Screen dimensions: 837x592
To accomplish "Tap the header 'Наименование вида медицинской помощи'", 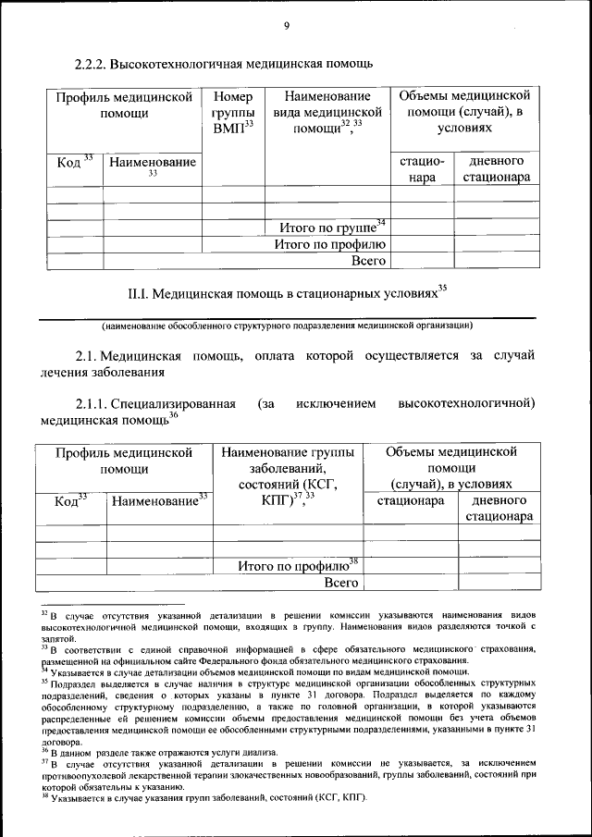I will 327,112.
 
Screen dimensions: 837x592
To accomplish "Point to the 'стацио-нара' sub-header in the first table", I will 422,168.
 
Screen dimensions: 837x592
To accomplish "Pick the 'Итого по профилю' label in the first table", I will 329,244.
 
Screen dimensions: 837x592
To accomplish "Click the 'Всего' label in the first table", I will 367,261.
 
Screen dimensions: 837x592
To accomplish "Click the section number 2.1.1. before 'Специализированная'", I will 92,404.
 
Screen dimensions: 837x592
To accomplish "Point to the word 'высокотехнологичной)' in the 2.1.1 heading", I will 466,404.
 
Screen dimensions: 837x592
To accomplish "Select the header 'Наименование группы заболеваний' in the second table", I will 288,469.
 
